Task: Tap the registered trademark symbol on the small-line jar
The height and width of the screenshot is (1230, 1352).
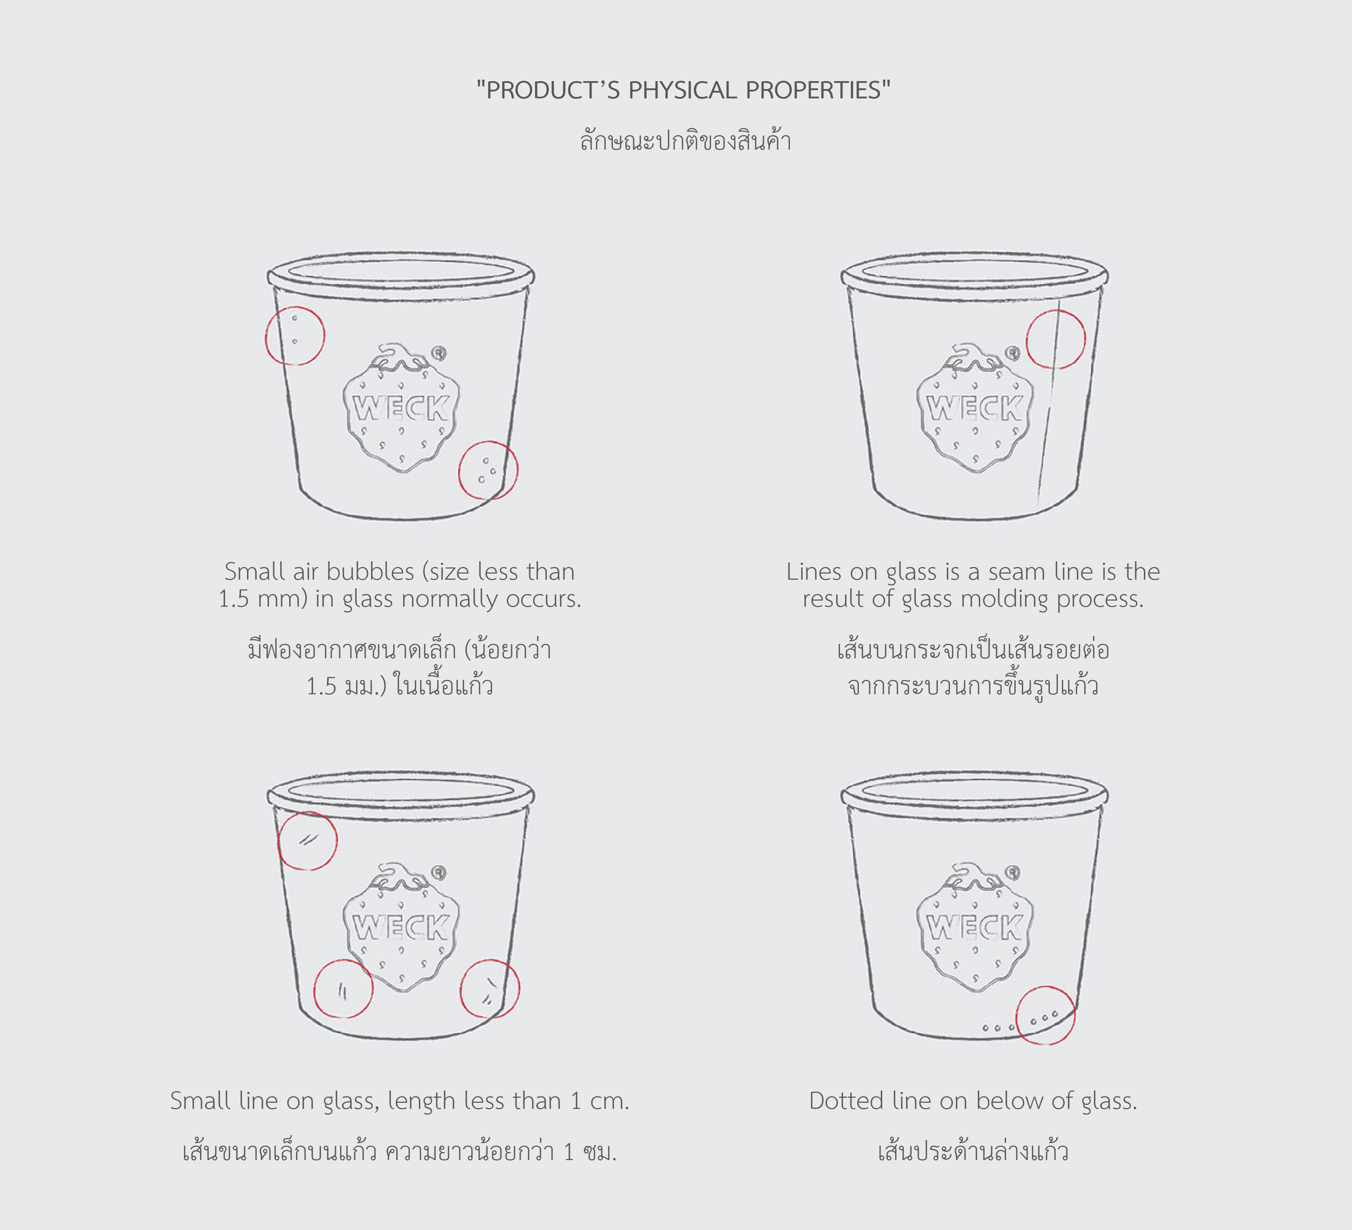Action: tap(439, 872)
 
